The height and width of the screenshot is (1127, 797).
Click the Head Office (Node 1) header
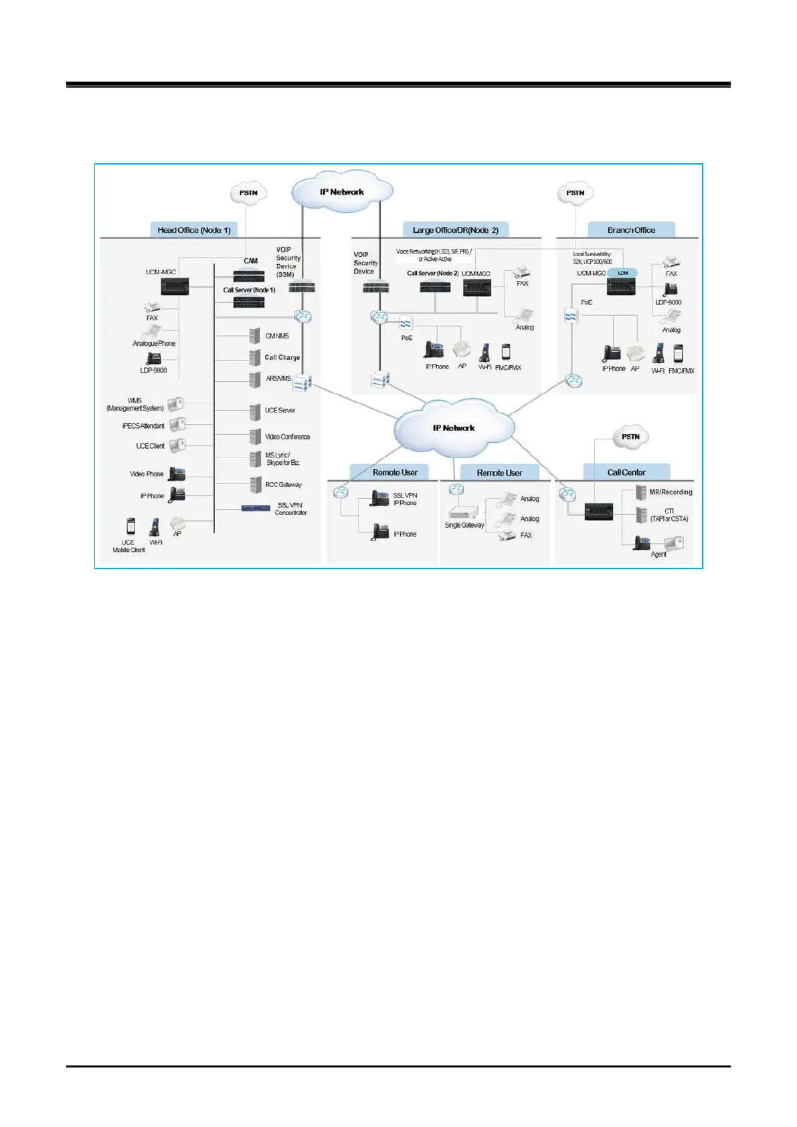(x=194, y=230)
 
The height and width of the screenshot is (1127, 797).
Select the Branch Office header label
(x=631, y=230)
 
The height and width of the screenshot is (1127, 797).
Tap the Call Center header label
(x=626, y=472)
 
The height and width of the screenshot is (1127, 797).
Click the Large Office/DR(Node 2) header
(x=456, y=230)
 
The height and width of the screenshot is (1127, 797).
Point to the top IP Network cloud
(x=342, y=192)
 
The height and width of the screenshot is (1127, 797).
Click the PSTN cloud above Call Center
(x=630, y=437)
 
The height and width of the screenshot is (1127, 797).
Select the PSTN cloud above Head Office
(x=248, y=193)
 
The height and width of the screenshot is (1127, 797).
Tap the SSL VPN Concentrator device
(x=256, y=508)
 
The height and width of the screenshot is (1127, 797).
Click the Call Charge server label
(x=282, y=357)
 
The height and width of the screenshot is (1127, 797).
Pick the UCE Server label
(x=280, y=410)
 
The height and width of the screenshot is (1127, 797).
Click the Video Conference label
(x=287, y=437)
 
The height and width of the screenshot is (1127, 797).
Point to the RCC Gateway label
(x=284, y=484)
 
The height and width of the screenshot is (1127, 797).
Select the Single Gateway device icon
(x=463, y=513)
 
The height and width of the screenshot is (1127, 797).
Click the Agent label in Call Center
(x=658, y=554)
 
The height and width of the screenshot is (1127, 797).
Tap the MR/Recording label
(x=671, y=492)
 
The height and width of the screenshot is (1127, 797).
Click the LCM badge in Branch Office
(x=623, y=273)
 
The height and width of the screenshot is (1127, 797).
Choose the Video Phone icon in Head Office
(x=177, y=474)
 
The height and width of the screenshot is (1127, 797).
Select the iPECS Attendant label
(x=143, y=426)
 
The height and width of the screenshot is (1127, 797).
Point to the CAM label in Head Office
(x=251, y=261)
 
